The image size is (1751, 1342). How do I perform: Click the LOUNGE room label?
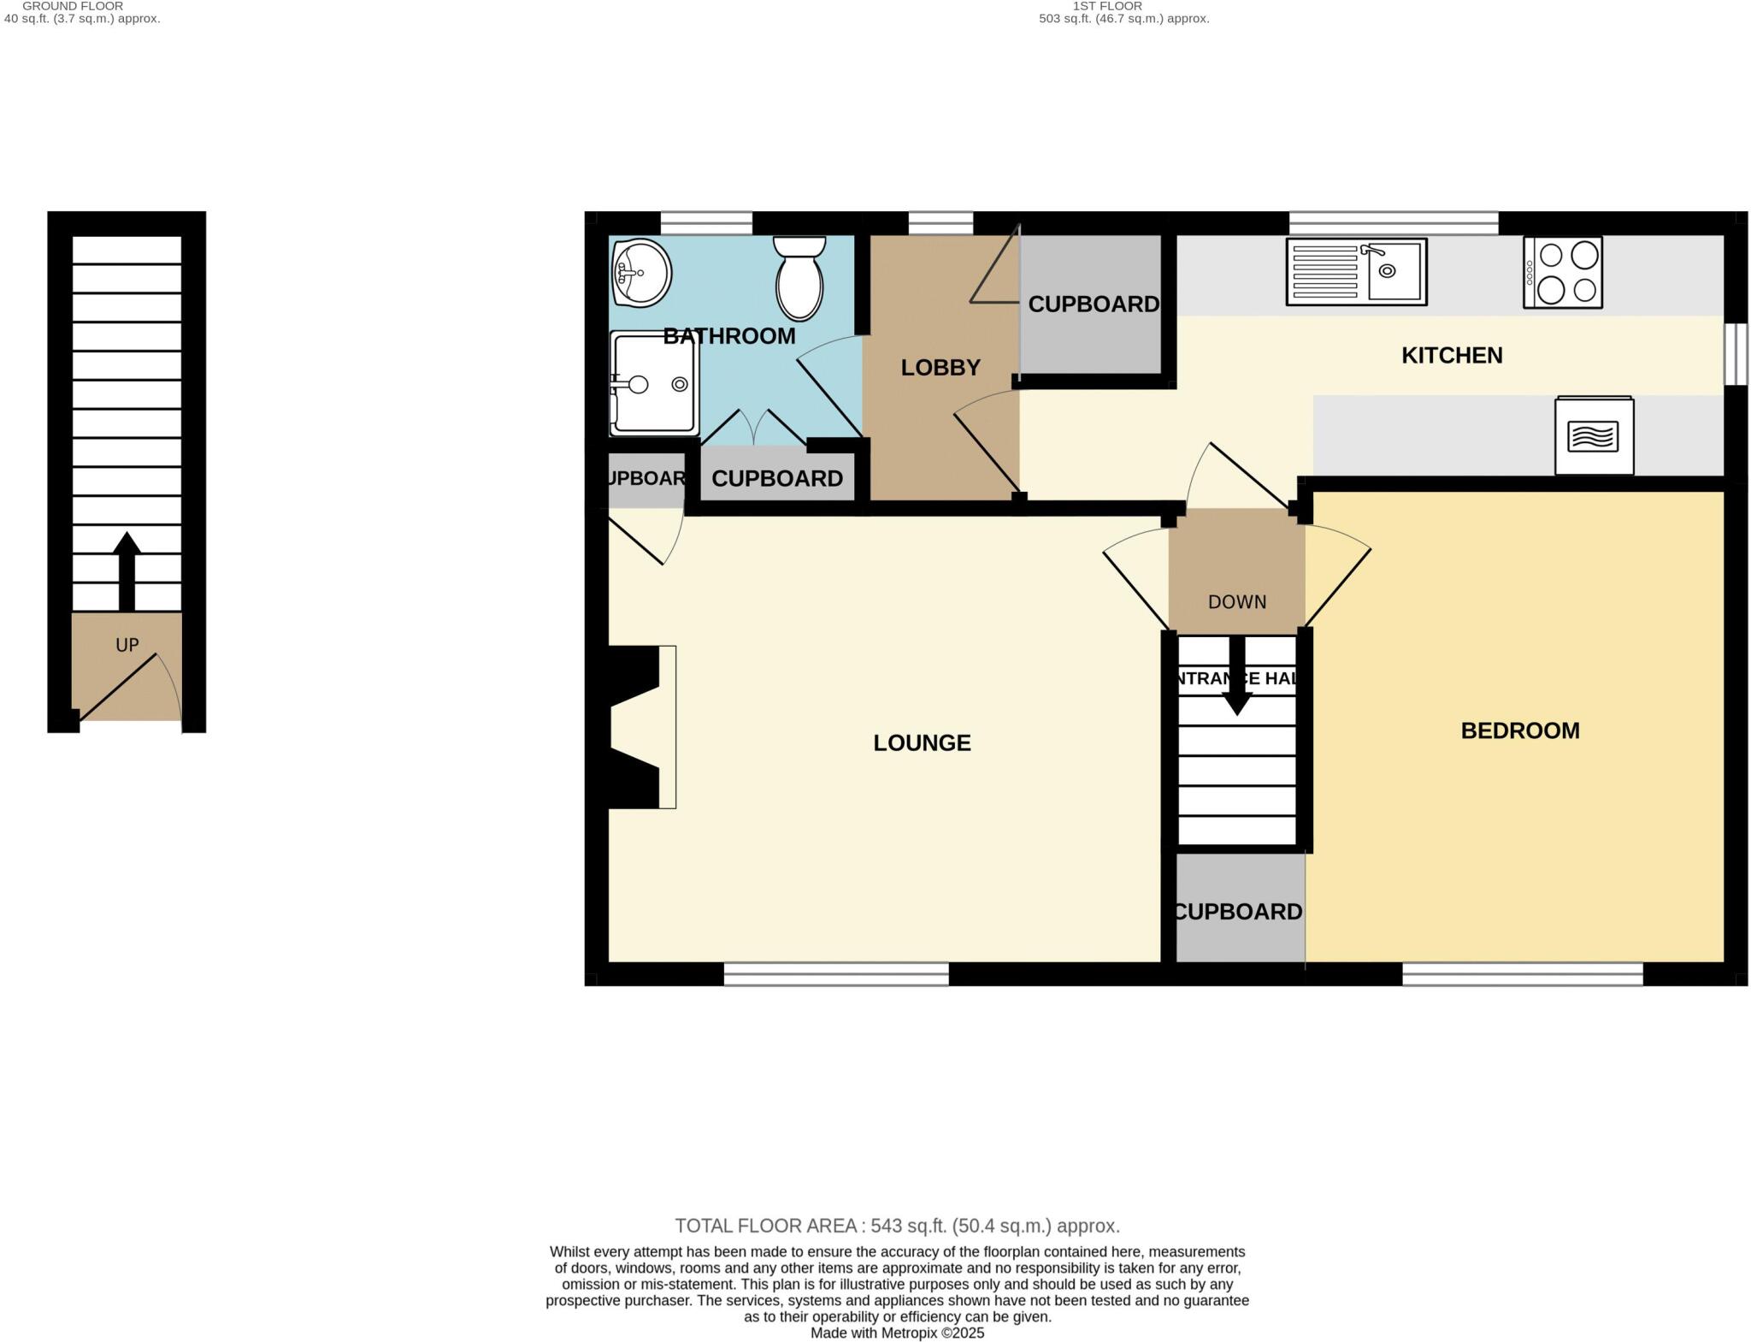coord(922,742)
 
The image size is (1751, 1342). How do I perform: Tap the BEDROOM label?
coord(1519,730)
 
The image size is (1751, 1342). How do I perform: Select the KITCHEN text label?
coord(1451,355)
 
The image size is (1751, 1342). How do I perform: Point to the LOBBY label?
coord(940,368)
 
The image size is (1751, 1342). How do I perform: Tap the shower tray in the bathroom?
coord(654,384)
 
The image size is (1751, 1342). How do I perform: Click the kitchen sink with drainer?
coord(1356,272)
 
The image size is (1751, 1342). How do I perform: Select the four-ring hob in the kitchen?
coord(1562,272)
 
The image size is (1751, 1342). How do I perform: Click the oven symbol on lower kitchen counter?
coord(1594,436)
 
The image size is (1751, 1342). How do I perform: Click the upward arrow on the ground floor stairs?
coord(127,569)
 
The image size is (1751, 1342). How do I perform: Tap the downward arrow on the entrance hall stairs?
coord(1236,676)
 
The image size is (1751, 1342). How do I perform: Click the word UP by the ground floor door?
coord(127,645)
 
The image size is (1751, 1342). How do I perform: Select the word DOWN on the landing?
coord(1236,602)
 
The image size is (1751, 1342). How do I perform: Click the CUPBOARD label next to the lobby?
coord(1093,304)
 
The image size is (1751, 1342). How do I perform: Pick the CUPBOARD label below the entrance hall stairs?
coord(1237,912)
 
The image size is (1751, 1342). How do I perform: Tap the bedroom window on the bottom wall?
coord(1522,974)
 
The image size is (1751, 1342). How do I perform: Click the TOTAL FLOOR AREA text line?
coord(897,1226)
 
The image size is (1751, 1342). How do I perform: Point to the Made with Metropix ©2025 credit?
coord(897,1333)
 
